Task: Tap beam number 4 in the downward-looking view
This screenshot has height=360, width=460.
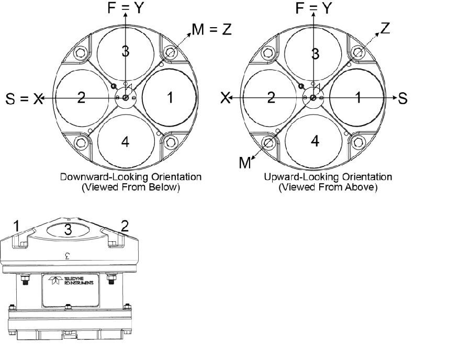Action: (x=125, y=141)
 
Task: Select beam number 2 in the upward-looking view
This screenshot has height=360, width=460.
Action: (x=271, y=97)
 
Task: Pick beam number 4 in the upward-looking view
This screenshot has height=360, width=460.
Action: (x=315, y=141)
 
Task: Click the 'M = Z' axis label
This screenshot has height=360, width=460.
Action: (x=211, y=30)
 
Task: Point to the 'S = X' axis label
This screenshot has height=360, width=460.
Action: (x=24, y=99)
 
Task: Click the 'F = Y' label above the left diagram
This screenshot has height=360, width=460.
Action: (x=125, y=8)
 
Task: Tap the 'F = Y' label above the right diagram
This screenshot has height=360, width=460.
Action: (x=313, y=8)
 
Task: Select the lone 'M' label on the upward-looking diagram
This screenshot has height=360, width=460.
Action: (x=245, y=163)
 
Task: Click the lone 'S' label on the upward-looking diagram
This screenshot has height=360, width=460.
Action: (x=402, y=98)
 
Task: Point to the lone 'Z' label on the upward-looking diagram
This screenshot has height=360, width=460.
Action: (x=386, y=28)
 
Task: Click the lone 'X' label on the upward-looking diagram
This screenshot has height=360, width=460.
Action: (x=226, y=98)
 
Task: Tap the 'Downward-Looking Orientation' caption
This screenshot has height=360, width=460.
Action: (x=131, y=177)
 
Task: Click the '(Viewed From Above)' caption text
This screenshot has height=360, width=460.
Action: (x=328, y=187)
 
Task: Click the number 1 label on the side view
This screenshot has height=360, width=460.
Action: (x=16, y=226)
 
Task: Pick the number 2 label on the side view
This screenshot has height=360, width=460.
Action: (x=125, y=226)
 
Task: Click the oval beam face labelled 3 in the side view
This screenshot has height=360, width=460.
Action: (x=69, y=229)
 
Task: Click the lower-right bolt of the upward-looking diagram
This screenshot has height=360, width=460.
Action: (x=359, y=142)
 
